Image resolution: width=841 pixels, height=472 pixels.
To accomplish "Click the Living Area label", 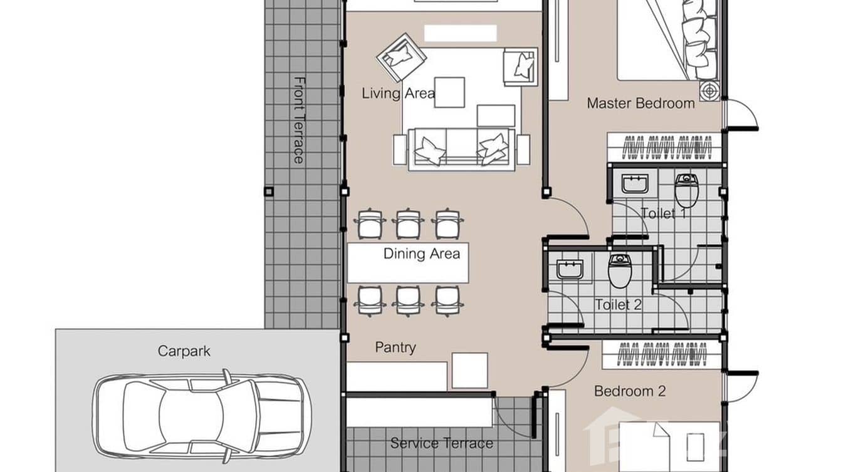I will tap(398, 94).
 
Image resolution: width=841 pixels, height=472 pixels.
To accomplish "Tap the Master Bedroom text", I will tap(640, 103).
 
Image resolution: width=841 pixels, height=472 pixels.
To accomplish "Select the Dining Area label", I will tap(421, 254).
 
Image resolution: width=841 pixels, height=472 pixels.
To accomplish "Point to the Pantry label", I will tap(395, 348).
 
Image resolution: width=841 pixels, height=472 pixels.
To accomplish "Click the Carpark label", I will tap(184, 351).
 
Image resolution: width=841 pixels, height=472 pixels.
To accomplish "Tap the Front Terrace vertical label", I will tap(300, 120).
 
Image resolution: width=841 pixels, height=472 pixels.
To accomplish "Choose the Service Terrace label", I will tap(441, 444).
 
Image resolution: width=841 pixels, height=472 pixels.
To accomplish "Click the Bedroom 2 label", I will tap(629, 392).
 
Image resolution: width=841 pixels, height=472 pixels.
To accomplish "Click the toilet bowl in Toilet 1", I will tap(687, 190).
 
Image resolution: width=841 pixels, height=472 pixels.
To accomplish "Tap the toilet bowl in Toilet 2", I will tap(620, 270).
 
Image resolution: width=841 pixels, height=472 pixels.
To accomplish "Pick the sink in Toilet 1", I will tap(635, 185).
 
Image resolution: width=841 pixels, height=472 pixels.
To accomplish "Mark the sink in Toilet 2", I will tap(570, 269).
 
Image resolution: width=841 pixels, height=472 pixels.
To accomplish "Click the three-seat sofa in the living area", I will tap(461, 149).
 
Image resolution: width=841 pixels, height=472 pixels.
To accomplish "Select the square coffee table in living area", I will tap(449, 92).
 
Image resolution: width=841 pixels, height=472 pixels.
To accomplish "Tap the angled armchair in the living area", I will tap(401, 56).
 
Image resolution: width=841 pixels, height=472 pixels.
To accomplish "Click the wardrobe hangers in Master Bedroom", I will tap(664, 148).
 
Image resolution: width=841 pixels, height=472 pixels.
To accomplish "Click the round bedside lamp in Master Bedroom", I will tap(709, 90).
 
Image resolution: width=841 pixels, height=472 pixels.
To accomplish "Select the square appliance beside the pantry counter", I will tap(469, 370).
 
